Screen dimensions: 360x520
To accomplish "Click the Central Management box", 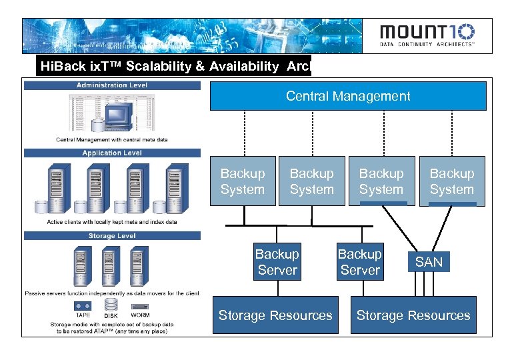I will (x=348, y=96).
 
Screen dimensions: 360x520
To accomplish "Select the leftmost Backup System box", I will (x=243, y=181).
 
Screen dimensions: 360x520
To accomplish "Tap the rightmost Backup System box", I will (x=451, y=181).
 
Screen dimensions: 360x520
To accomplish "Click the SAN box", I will (x=429, y=262).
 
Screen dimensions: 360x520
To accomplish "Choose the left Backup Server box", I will (x=277, y=262).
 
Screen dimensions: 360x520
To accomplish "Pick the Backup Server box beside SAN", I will (x=359, y=262).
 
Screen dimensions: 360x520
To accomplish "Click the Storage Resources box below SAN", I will (x=413, y=315).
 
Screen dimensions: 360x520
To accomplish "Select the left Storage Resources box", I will (x=275, y=315).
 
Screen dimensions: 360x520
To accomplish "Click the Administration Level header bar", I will (x=112, y=85).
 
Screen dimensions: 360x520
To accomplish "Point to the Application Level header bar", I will (x=112, y=153).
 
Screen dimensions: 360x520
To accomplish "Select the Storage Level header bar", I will (x=112, y=236).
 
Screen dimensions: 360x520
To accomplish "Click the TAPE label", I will (x=83, y=315).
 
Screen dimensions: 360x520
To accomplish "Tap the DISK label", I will (x=111, y=315).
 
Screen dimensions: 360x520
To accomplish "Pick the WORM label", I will (x=140, y=315).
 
